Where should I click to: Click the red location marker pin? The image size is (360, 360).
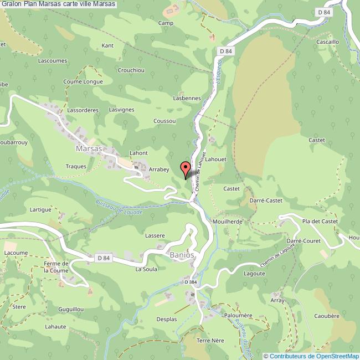point(186,168)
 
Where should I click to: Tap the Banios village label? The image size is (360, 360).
point(181,255)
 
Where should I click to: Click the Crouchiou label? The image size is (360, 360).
point(131,70)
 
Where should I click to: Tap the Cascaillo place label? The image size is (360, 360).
point(327,42)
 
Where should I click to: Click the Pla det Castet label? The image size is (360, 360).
point(320,221)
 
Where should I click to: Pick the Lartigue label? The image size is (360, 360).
point(40,210)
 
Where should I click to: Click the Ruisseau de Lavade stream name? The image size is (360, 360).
point(119,208)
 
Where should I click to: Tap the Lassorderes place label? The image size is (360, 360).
point(83,110)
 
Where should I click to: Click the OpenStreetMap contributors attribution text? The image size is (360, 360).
point(311,356)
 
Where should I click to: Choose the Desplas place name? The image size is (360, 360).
point(166,320)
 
